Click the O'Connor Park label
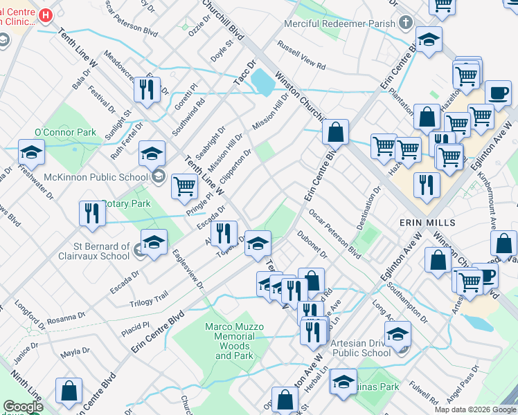pyautogui.click(x=65, y=132)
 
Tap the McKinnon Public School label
pyautogui.click(x=96, y=176)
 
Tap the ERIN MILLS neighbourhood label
pyautogui.click(x=427, y=223)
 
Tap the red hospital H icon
pyautogui.click(x=46, y=15)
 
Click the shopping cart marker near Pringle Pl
pyautogui.click(x=184, y=185)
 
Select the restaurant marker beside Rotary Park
pyautogui.click(x=91, y=212)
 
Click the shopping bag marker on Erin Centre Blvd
pyautogui.click(x=335, y=131)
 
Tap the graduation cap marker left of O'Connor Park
pyautogui.click(x=31, y=152)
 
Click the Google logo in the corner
pyautogui.click(x=23, y=407)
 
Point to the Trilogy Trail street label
pyautogui.click(x=148, y=298)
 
